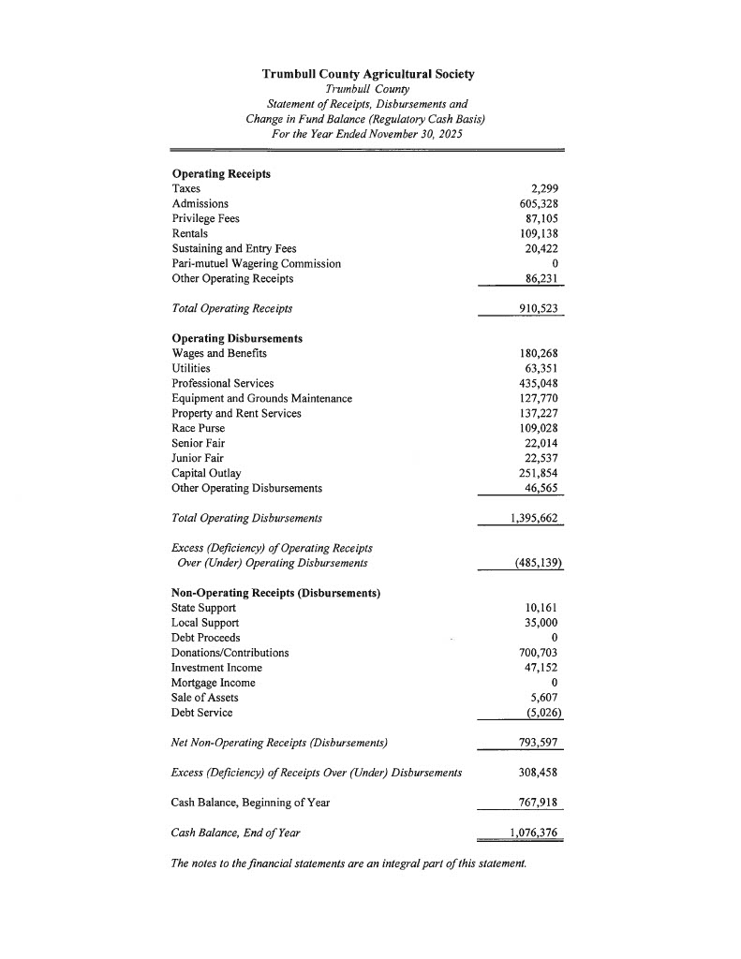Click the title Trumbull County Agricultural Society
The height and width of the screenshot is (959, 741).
(x=368, y=74)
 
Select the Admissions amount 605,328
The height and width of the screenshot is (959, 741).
(x=539, y=203)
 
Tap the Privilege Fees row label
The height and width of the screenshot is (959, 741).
(x=205, y=218)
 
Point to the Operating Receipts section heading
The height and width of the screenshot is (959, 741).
(x=221, y=174)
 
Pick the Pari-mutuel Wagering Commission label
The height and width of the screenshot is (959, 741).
(x=256, y=263)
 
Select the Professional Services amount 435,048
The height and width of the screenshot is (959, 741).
(x=539, y=383)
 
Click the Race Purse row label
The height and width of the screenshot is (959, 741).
(x=198, y=428)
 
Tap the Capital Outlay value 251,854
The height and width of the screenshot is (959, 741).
(x=539, y=473)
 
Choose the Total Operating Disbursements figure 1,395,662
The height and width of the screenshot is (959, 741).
(x=534, y=518)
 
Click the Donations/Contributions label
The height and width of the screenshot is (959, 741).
(x=230, y=653)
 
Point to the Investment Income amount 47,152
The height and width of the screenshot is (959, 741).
(x=542, y=668)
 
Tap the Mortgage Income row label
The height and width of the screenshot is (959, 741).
(x=213, y=683)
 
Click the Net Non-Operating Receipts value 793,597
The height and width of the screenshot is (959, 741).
(x=539, y=744)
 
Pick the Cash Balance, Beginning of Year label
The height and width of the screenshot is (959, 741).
(x=250, y=803)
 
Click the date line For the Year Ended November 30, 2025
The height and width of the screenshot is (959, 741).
(x=367, y=134)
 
